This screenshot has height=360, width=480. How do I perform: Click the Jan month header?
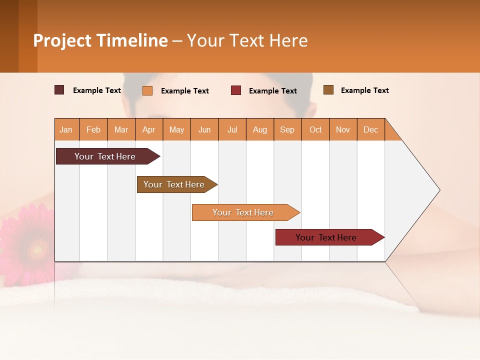point(66,129)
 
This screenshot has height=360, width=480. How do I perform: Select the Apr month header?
point(149,129)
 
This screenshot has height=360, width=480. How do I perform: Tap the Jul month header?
point(232,129)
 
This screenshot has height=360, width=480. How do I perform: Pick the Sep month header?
point(287,129)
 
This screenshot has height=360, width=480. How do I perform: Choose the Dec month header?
point(370,129)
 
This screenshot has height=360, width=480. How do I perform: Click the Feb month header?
point(93,129)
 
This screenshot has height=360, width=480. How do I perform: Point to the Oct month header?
point(315,129)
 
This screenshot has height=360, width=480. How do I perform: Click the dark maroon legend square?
point(59,90)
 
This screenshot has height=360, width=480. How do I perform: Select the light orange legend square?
point(147,90)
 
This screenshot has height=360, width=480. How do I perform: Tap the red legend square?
point(236,90)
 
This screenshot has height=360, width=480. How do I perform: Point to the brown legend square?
point(328,90)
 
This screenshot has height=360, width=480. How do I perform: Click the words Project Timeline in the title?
point(100,40)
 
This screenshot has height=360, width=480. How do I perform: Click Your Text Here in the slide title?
point(247,40)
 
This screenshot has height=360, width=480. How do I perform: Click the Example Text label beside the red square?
point(273,91)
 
